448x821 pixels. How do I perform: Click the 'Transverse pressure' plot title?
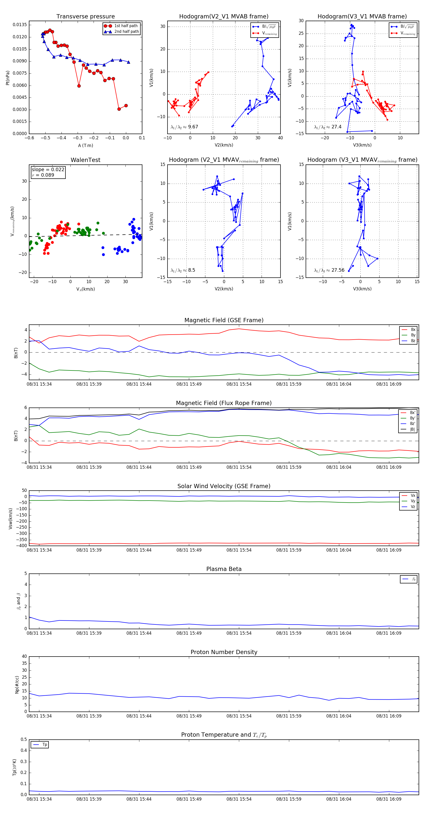click(85, 17)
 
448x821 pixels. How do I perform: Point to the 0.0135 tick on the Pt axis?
click(20, 25)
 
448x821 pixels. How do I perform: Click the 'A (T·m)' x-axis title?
click(85, 146)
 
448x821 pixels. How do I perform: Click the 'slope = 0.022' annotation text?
click(48, 170)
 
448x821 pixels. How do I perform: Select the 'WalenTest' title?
click(85, 160)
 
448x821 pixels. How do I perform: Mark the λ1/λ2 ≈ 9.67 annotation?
click(184, 127)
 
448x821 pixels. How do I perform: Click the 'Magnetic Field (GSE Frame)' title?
click(224, 320)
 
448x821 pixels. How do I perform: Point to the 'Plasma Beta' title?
click(224, 569)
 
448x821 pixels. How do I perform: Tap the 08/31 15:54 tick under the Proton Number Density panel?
click(239, 716)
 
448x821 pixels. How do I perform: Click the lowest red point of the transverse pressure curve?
click(119, 109)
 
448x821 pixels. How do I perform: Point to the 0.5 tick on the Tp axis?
click(24, 739)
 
